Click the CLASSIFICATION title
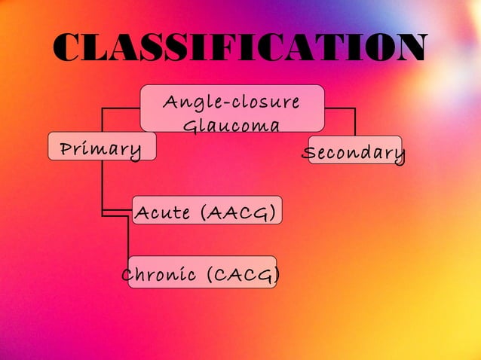coord(240,50)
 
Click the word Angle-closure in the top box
coord(231,101)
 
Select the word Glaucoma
coord(231,125)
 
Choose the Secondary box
coord(353,154)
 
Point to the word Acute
coord(163,214)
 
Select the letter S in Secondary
coord(308,154)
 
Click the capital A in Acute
coord(141,214)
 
